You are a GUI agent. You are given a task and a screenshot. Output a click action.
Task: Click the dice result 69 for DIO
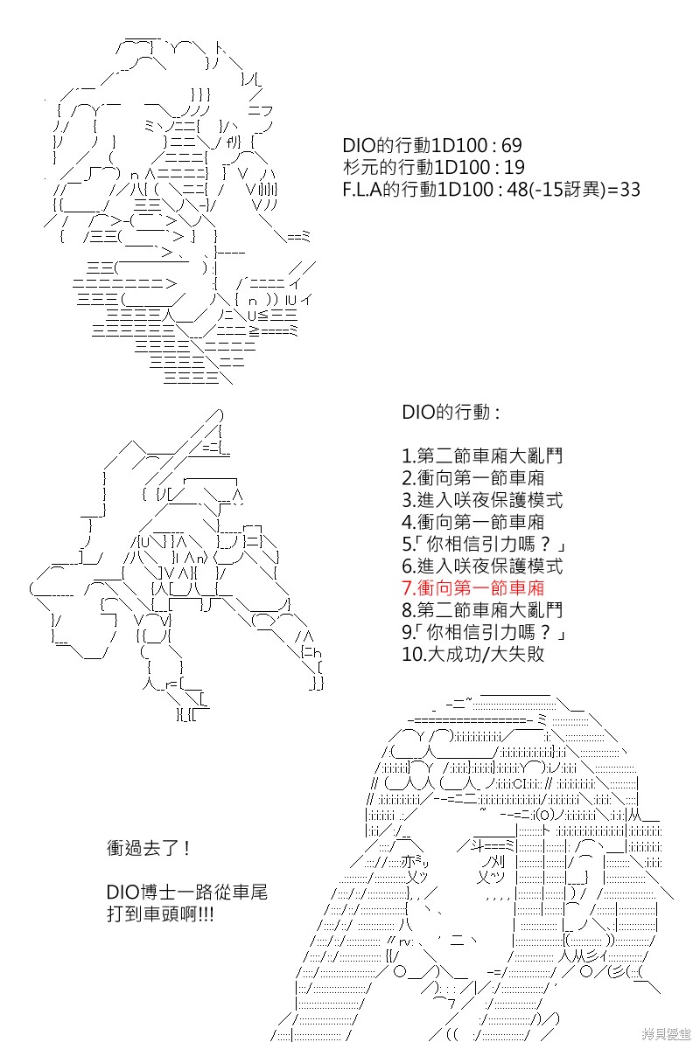(x=512, y=146)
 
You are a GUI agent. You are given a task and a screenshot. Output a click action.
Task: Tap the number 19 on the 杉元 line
(x=514, y=167)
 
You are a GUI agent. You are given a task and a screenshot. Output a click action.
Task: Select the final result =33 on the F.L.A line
(x=624, y=189)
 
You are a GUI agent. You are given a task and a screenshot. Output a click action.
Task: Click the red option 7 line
(x=473, y=587)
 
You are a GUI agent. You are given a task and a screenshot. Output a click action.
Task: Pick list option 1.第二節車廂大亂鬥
(x=482, y=455)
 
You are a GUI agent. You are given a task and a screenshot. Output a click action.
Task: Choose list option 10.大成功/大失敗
(x=473, y=654)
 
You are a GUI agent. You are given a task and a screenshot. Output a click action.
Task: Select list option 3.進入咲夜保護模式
(x=482, y=500)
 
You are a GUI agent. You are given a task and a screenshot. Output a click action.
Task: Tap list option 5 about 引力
(x=484, y=544)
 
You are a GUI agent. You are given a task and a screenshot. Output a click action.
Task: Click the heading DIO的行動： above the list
(x=451, y=412)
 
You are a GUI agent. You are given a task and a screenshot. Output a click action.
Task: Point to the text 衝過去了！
(x=148, y=848)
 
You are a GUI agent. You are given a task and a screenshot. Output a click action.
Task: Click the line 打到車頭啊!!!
(x=160, y=914)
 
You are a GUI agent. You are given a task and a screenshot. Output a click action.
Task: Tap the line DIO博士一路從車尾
(x=187, y=893)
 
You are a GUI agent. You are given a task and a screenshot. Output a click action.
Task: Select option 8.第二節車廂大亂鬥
(x=482, y=610)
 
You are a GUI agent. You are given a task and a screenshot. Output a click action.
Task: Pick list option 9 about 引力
(x=484, y=632)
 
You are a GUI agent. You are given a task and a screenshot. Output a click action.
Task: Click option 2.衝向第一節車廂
(x=473, y=477)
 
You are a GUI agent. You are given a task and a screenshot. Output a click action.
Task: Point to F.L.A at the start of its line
(x=362, y=189)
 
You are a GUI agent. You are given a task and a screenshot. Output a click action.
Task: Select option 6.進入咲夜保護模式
(x=482, y=566)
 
